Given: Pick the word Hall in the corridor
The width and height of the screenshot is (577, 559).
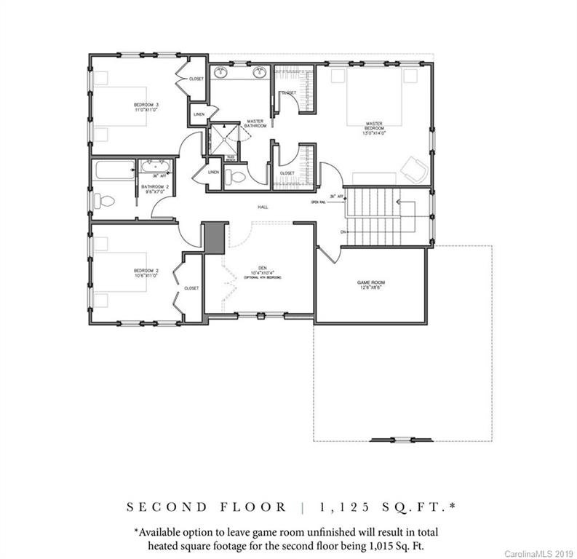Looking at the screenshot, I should pos(263,207).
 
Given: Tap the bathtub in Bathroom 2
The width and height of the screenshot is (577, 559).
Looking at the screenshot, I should pos(114,172).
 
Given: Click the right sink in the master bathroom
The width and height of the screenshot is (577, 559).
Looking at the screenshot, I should pos(258,72).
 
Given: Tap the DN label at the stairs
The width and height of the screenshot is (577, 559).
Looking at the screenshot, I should pos(343,231).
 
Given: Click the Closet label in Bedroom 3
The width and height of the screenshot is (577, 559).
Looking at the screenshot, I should pos(196,79).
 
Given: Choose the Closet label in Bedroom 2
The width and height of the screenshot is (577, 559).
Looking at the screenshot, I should pos(191,288).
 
